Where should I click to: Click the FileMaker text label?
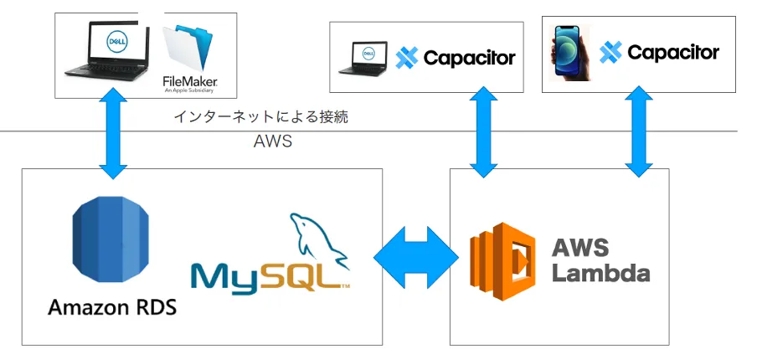click(190, 81)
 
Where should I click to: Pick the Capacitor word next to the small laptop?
click(469, 58)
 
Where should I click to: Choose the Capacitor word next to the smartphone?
click(673, 52)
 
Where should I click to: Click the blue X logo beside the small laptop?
click(407, 58)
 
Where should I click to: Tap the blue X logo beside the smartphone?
click(611, 52)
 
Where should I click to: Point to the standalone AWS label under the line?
click(272, 141)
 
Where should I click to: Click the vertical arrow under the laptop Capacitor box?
click(483, 134)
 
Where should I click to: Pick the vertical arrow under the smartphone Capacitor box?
click(638, 134)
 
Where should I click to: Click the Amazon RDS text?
click(112, 307)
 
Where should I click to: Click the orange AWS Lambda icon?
click(502, 256)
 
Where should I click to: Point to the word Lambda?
click(600, 273)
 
